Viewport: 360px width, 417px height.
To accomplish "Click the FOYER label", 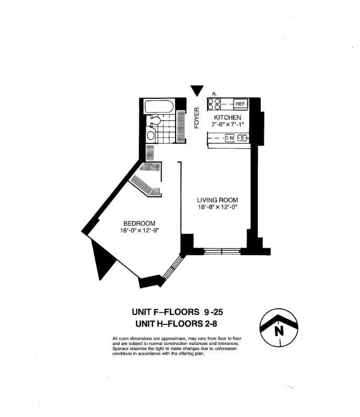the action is click(197, 118).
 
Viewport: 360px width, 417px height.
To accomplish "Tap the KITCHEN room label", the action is click(228, 117).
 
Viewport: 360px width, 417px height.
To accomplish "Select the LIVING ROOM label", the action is click(217, 200).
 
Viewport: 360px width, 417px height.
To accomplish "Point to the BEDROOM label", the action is click(139, 223).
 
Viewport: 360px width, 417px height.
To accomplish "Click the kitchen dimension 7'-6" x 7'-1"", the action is click(228, 124).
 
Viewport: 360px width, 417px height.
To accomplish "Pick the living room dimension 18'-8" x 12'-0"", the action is click(217, 207).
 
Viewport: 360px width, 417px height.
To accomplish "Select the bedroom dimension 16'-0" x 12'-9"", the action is click(139, 230).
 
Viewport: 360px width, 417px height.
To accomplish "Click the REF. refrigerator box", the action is click(241, 104).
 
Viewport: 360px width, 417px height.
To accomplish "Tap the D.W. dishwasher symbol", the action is click(230, 138).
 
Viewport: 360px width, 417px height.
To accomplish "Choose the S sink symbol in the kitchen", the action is click(242, 138).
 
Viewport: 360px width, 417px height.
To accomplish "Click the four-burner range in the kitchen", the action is click(214, 104).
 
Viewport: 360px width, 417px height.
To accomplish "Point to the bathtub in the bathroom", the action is click(159, 106).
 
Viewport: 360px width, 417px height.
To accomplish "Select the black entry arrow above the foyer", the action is click(197, 90).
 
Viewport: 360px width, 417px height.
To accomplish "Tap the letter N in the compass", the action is click(279, 331).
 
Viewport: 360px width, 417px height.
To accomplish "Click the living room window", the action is click(222, 251).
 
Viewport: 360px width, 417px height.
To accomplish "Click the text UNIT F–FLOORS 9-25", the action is click(177, 312).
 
